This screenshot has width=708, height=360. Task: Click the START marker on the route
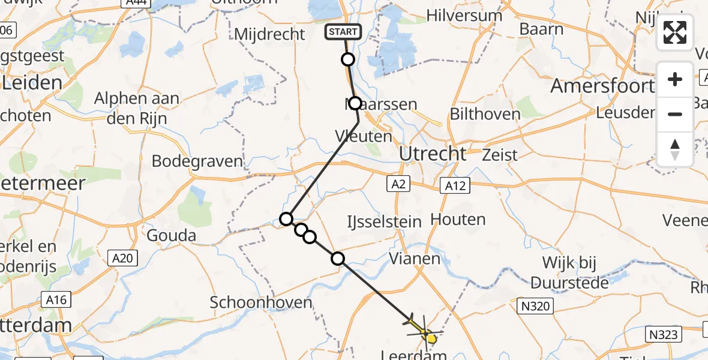click(343, 32)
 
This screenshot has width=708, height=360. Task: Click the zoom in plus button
click(675, 79)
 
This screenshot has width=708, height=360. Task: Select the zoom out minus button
click(675, 114)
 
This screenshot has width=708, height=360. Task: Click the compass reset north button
click(675, 149)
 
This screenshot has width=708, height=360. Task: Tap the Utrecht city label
click(433, 154)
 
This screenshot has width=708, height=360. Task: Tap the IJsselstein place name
click(384, 222)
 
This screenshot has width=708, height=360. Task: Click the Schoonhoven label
click(261, 302)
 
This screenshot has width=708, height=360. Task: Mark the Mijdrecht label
click(269, 34)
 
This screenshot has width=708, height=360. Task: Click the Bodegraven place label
click(197, 161)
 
